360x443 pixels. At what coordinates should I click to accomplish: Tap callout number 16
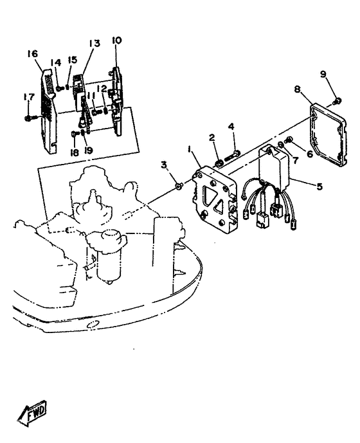point(33,53)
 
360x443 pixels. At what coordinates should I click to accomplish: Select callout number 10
point(116,41)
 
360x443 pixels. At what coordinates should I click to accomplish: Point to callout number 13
point(94,44)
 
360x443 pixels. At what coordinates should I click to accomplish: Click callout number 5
point(319,186)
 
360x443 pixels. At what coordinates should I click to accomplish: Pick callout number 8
point(297,89)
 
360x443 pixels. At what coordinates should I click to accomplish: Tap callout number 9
point(323,74)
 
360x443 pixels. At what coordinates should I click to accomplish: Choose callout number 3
point(164,165)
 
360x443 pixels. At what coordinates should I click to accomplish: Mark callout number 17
point(29,97)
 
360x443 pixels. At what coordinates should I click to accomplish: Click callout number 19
point(89,151)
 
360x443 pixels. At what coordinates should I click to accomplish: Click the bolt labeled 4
point(232,154)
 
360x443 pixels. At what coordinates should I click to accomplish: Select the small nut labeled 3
point(178,186)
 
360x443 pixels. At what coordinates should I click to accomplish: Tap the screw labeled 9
point(337,100)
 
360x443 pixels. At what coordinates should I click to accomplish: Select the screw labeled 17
point(32,118)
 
